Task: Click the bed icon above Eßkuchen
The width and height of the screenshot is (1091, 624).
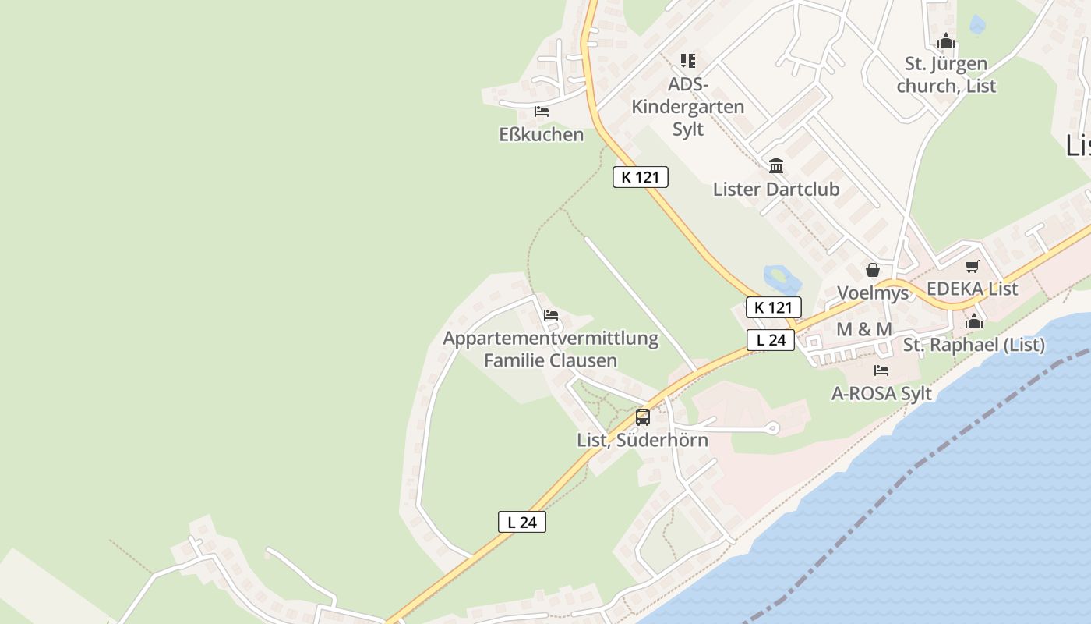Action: (542, 112)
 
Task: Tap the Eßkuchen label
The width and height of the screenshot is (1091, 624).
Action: (541, 135)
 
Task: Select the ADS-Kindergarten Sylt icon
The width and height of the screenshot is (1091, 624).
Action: (687, 60)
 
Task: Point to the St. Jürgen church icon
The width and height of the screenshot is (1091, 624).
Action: (946, 41)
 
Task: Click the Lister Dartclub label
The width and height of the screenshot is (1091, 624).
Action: (775, 190)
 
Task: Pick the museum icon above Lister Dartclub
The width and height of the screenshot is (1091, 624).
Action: (776, 165)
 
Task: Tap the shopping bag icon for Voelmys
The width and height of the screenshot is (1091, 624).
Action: (873, 270)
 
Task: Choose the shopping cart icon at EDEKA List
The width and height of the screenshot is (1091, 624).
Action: (972, 267)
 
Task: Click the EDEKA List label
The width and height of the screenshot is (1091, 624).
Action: (972, 289)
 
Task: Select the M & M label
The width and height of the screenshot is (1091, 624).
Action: (863, 329)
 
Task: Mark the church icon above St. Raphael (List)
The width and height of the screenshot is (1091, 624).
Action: (974, 321)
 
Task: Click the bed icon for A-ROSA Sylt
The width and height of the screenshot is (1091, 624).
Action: (881, 370)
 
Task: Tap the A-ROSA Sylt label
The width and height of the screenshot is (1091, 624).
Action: (881, 393)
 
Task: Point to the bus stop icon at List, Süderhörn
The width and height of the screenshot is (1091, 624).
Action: (642, 417)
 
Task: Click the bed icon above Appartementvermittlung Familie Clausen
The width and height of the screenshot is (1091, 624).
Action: (551, 316)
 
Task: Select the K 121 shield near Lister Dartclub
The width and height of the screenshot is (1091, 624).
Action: (641, 177)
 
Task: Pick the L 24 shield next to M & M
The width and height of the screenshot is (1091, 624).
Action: (771, 340)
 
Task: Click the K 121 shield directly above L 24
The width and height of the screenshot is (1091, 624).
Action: (773, 307)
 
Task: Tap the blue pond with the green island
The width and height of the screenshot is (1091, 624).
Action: (782, 278)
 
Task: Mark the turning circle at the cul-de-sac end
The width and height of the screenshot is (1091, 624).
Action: (772, 427)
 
